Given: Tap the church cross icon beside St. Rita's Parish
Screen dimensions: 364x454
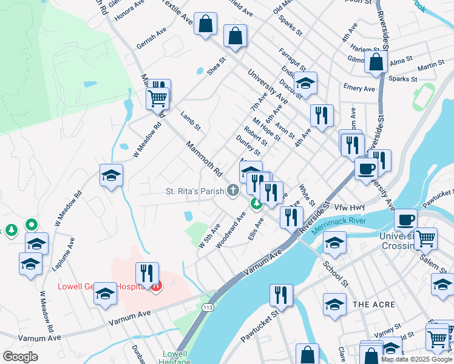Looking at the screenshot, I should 232,191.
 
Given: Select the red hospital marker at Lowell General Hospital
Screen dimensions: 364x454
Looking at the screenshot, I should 157,286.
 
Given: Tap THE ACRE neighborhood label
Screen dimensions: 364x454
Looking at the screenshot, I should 374,305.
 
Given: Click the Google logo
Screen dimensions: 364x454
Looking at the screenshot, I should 20,356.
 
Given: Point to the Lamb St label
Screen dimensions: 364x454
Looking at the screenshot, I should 190,120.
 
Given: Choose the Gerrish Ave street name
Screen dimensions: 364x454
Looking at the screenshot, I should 151,38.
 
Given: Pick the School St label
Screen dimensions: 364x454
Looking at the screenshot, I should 336,274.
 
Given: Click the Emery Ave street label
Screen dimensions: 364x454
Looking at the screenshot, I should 359,88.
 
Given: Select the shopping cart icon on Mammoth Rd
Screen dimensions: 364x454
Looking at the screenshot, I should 157,97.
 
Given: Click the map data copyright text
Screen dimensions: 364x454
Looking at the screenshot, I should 417,359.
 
